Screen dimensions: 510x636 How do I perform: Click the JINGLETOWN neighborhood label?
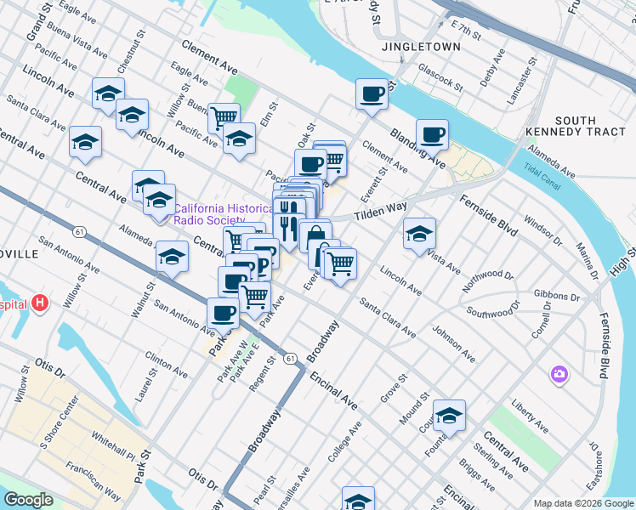tap(421, 47)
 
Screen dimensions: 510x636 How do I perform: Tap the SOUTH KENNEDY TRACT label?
tap(576, 126)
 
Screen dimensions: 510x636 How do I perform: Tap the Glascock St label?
tap(440, 80)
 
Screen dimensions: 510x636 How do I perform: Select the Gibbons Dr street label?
tap(557, 297)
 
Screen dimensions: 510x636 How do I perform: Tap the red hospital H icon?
tap(40, 303)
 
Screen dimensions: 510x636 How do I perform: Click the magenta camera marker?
tap(559, 373)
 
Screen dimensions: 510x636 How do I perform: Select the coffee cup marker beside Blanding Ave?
tap(432, 133)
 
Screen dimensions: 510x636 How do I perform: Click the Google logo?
tap(28, 500)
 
